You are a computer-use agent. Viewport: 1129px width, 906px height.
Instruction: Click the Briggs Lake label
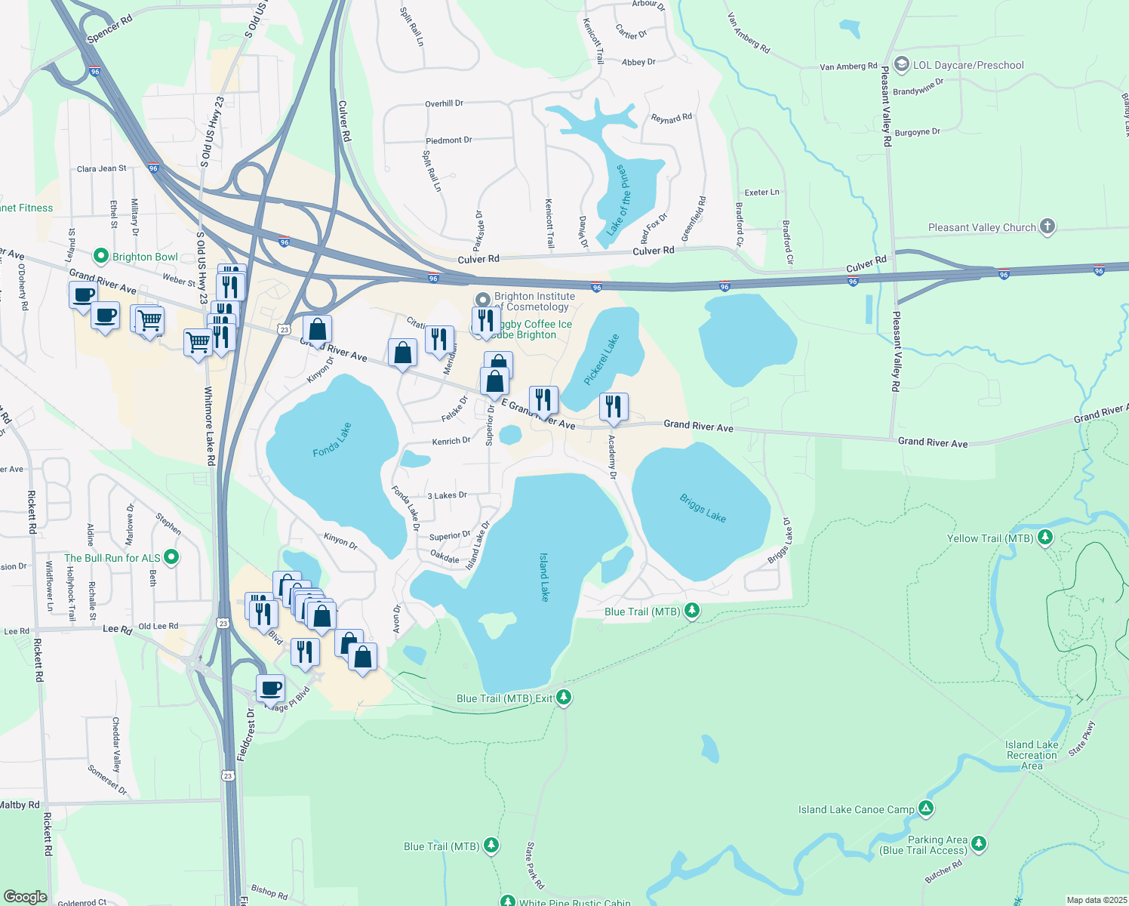tap(703, 508)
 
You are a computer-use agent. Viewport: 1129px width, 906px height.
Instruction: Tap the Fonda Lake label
tap(333, 440)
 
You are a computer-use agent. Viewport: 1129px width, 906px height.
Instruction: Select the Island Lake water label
tap(544, 577)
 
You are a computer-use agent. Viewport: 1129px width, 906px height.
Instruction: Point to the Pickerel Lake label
tap(601, 359)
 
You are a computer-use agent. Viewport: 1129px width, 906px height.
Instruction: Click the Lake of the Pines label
tap(617, 199)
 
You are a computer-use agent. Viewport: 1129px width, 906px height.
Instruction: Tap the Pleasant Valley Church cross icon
tap(1047, 226)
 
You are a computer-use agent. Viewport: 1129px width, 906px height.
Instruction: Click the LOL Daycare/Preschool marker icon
tap(900, 64)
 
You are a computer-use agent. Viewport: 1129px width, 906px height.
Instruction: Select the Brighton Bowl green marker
tap(100, 257)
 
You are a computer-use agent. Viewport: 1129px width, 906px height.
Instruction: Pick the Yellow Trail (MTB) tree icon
tap(1045, 538)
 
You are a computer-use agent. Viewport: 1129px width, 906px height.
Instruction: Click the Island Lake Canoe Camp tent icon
tap(926, 809)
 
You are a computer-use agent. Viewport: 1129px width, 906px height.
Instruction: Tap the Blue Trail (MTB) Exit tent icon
tap(564, 698)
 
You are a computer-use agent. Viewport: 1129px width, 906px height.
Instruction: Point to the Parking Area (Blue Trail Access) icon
tap(979, 843)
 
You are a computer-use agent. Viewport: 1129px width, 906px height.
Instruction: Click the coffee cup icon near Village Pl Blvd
tap(270, 688)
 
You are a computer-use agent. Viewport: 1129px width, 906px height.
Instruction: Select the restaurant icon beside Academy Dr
tap(614, 407)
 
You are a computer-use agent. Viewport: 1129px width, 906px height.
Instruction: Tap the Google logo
tap(26, 896)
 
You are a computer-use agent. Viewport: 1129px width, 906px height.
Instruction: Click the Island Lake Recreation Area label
tap(1032, 755)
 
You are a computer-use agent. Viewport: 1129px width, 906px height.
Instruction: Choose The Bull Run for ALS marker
tap(171, 557)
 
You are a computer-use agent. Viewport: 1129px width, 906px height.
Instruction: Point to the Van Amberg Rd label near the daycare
tap(848, 66)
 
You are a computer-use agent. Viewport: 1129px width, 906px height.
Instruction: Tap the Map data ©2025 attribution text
tap(1096, 900)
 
